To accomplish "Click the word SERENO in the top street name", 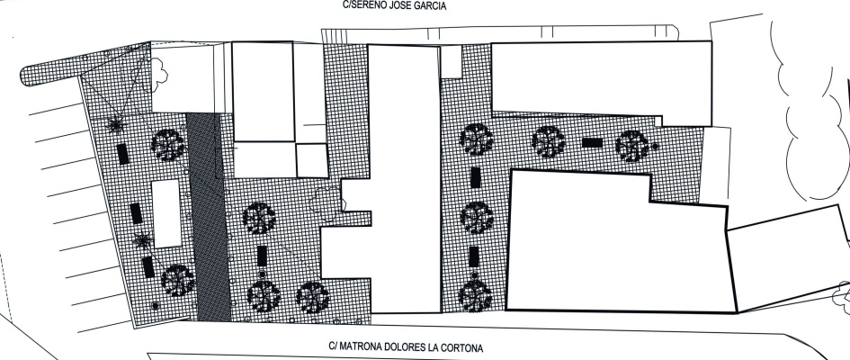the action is pos(368,6).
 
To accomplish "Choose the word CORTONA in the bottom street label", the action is pos(461,347).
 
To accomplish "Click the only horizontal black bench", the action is pos(592,142).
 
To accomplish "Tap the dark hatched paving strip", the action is pos(210,217).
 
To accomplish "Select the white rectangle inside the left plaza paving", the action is pos(166,213).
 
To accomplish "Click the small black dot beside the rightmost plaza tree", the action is pos(655,147).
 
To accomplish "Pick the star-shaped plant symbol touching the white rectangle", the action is pos(143,239).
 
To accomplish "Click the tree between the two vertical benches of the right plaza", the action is pos(477,218).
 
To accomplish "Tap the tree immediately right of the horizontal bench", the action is pos(631,146).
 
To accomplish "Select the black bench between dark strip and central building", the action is pos(262,256).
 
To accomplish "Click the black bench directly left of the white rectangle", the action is pos(136,213).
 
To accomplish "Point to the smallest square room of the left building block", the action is pos(312,160).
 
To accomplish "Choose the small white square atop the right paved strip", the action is pos(451,62).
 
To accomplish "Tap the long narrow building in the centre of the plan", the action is pos(404,179).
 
